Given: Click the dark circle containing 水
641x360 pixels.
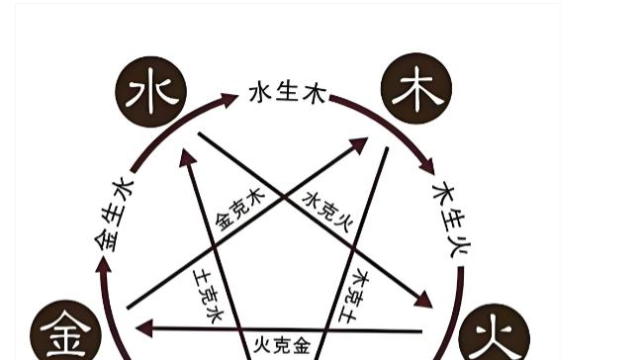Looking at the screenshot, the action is coord(151,91).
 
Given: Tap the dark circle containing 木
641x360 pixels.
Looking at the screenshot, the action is coord(415,88).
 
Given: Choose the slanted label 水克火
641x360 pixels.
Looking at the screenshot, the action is coord(326,211).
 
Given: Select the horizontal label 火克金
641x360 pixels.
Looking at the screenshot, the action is coord(281,345).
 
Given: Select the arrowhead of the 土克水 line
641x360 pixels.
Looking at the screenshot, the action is coord(186,157).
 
